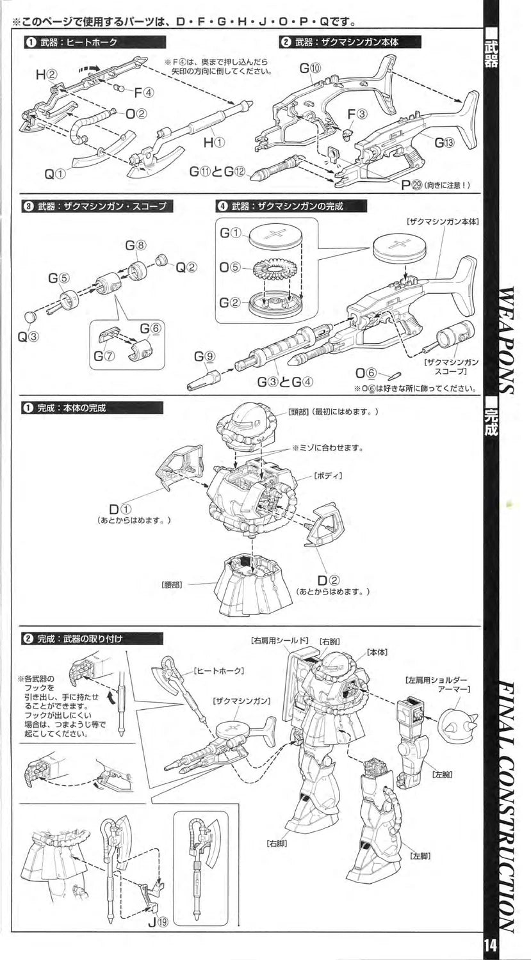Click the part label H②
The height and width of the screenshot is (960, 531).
click(x=47, y=74)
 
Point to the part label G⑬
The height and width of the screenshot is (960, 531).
click(x=444, y=142)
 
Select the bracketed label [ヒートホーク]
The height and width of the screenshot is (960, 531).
click(x=218, y=671)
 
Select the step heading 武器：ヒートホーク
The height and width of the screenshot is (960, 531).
click(x=78, y=42)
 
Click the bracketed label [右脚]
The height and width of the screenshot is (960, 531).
click(x=277, y=844)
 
